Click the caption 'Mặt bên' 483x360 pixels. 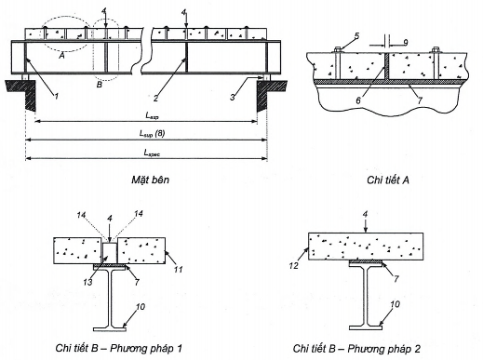[151, 180]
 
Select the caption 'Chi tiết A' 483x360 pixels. [388, 180]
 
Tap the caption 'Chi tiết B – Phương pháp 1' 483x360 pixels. [119, 348]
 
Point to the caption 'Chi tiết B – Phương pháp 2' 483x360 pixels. [356, 349]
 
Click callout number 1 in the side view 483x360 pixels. [56, 97]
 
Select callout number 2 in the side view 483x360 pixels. [155, 99]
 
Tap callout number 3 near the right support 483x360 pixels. [233, 97]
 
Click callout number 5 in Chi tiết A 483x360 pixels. [356, 36]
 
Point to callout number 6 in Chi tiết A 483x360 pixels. [358, 100]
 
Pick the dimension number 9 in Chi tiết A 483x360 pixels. [405, 43]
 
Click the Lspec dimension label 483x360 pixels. [152, 153]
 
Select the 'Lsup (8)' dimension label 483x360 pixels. [152, 134]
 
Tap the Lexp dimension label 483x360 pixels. [152, 116]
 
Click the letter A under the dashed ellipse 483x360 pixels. [61, 56]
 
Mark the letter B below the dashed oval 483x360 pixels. [99, 85]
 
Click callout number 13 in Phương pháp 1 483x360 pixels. [87, 282]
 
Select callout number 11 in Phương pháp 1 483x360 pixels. [178, 270]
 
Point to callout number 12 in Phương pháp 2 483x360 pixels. [294, 265]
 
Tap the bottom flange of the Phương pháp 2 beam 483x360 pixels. [366, 327]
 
